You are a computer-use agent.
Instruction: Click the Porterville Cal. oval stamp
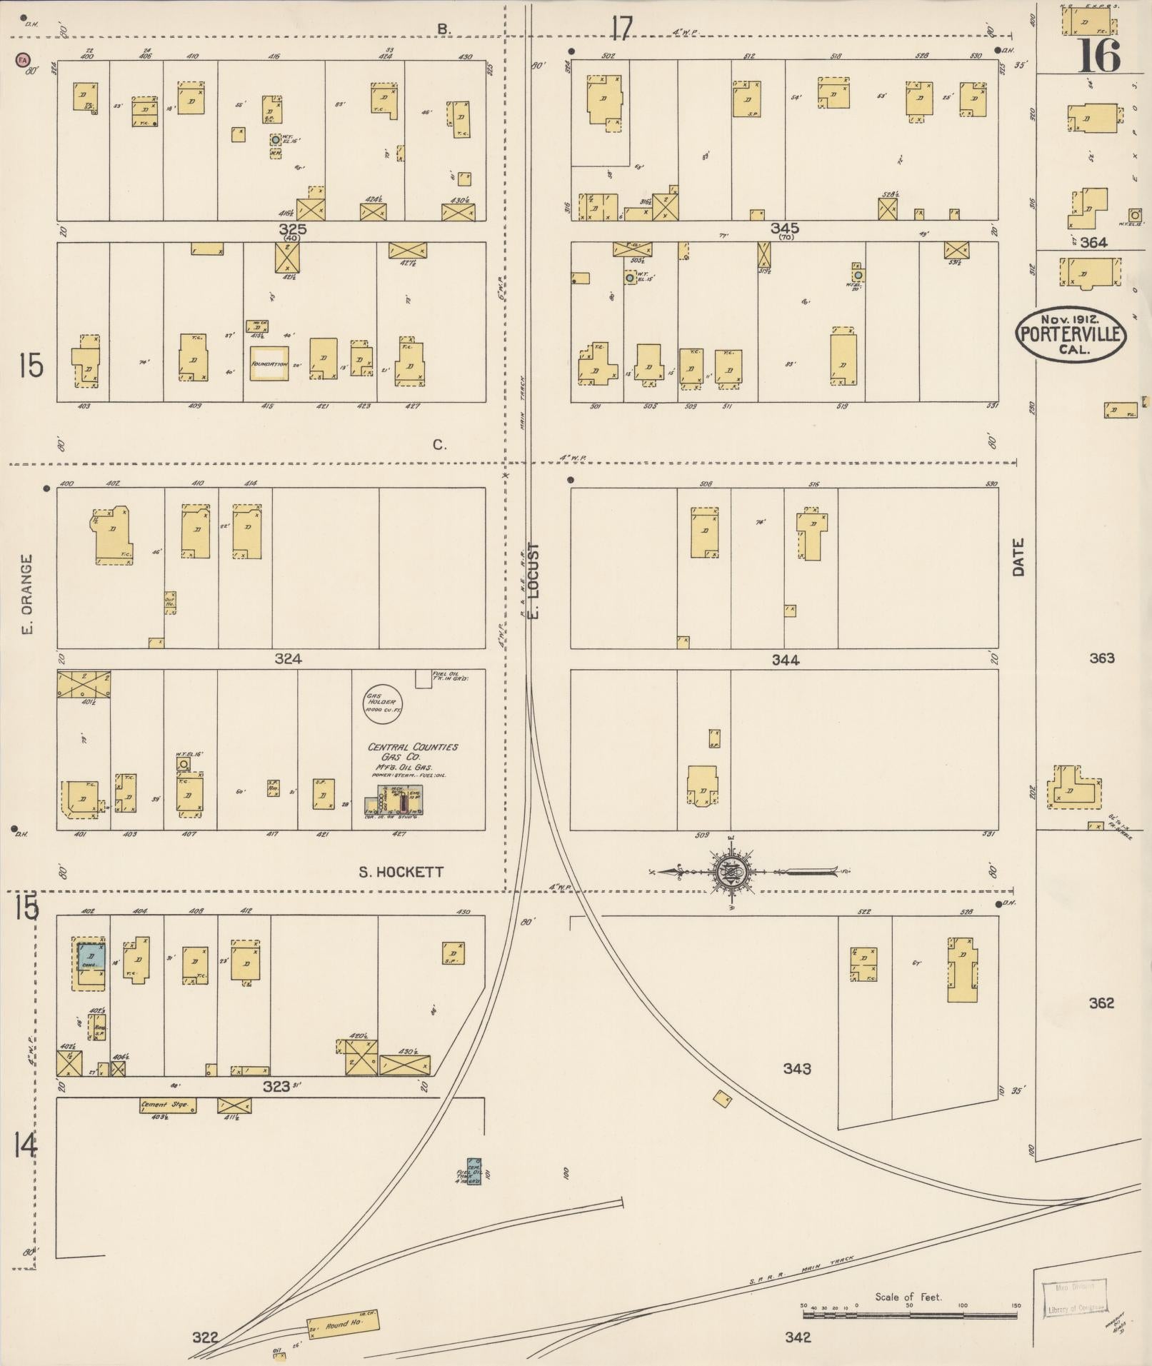click(x=1071, y=336)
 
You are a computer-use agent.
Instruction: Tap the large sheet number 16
click(x=1099, y=56)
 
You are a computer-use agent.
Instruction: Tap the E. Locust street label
click(x=534, y=580)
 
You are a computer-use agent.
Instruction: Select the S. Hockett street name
click(x=401, y=872)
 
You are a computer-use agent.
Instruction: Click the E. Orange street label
click(x=27, y=594)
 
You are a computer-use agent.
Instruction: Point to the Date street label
click(x=1018, y=557)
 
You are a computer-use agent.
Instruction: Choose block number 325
click(x=293, y=230)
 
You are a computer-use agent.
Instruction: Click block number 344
click(x=785, y=660)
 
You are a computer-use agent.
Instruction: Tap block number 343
click(x=796, y=1068)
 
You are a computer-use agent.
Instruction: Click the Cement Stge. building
click(x=167, y=1106)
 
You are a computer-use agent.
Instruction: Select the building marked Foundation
click(x=269, y=363)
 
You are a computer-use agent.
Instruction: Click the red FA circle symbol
click(x=23, y=61)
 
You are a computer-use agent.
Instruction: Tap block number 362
click(x=1101, y=1003)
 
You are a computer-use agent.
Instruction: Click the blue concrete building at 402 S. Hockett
click(x=91, y=955)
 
